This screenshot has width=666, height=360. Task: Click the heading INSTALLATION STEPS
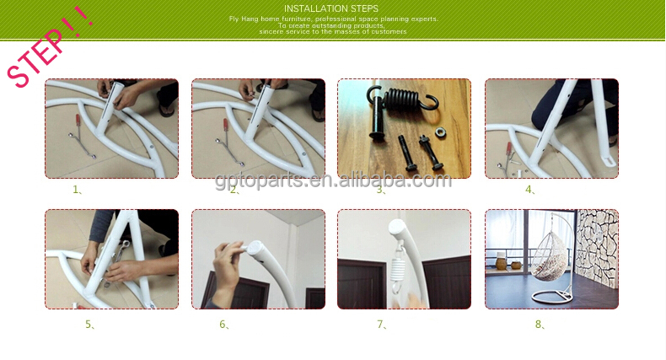click(330, 8)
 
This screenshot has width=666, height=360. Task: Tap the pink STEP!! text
click(49, 46)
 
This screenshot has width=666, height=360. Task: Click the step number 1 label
click(77, 190)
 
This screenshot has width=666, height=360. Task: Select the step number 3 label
click(381, 190)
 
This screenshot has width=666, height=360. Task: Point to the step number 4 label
click(530, 190)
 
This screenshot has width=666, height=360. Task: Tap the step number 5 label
click(89, 325)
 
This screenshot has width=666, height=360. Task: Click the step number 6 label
click(224, 325)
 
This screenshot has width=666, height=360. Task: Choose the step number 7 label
click(381, 325)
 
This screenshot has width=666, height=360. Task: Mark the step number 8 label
click(540, 325)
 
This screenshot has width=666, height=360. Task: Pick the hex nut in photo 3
click(440, 132)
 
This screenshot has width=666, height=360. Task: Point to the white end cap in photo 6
click(254, 248)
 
